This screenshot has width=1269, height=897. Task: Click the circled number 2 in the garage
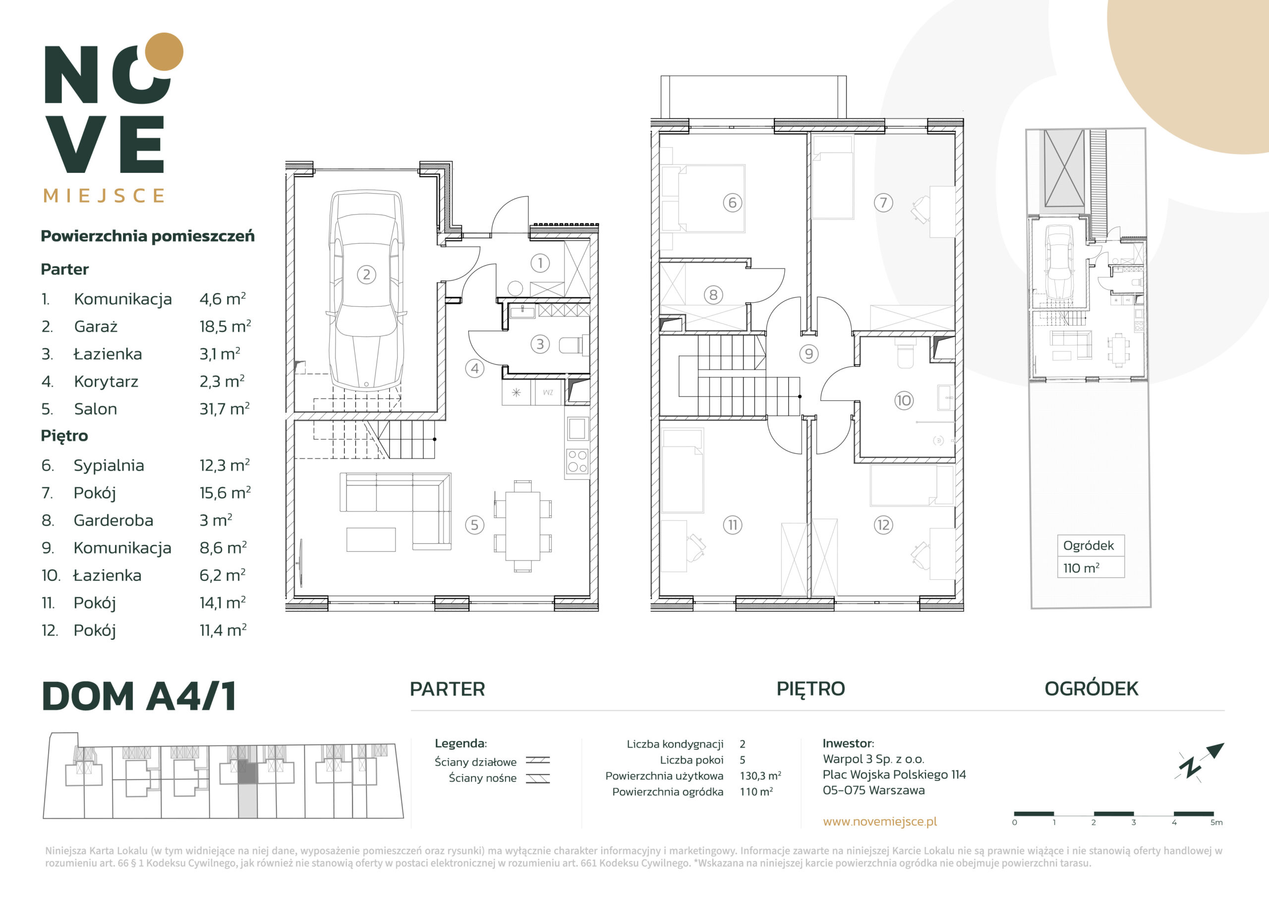click(x=366, y=275)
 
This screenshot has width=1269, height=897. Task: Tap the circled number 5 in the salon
click(x=474, y=524)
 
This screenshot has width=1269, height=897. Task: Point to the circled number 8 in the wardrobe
click(x=713, y=294)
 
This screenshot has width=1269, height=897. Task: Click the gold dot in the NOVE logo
click(x=164, y=52)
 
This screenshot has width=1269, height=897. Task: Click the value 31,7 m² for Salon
click(x=225, y=408)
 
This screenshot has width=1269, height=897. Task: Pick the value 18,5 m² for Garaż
click(x=225, y=326)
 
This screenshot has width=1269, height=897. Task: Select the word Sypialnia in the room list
click(x=109, y=465)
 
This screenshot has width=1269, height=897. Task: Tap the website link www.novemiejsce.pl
click(x=880, y=821)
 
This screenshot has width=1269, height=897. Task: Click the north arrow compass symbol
click(x=1200, y=762)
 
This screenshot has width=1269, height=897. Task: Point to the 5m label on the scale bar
click(x=1216, y=822)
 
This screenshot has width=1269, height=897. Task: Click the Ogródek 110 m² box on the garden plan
click(x=1091, y=556)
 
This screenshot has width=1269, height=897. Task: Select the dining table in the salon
click(x=522, y=526)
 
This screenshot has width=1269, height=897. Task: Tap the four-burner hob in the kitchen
click(x=577, y=461)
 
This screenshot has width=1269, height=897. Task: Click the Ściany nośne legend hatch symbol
click(x=538, y=778)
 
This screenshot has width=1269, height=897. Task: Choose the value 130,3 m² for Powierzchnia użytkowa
click(x=760, y=776)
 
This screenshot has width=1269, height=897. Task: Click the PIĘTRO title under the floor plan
click(x=811, y=689)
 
